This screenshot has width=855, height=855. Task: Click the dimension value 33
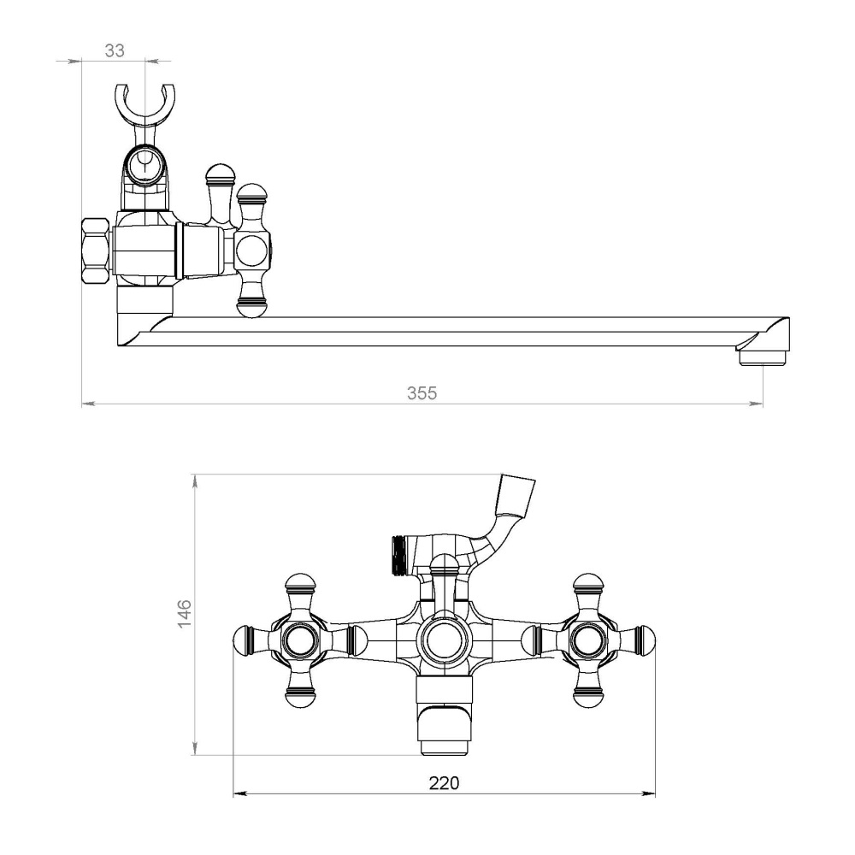115,50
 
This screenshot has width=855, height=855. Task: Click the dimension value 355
422,393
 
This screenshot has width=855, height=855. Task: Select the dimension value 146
185,613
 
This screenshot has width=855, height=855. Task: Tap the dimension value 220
444,783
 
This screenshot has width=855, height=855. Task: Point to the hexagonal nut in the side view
96,251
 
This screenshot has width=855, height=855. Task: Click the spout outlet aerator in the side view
763,358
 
